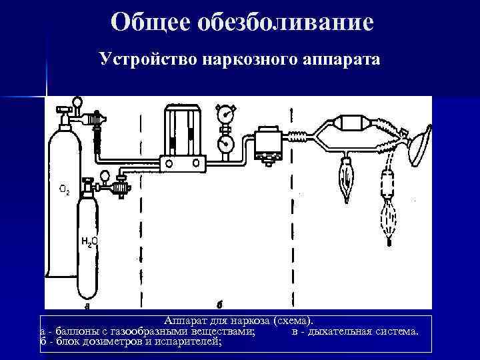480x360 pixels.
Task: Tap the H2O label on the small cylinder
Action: (90, 241)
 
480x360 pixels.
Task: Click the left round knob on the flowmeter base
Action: (169, 162)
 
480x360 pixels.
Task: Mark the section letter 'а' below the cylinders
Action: (87, 307)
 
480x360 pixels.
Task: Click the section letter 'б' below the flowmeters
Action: (219, 306)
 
